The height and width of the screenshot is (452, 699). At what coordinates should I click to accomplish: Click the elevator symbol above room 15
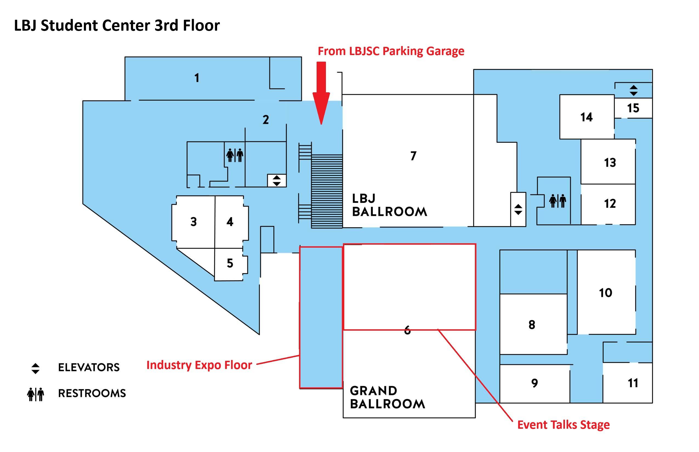[633, 90]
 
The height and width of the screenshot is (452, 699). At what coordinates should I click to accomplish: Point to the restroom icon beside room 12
[558, 201]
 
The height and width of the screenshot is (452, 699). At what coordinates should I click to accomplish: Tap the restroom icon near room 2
[235, 155]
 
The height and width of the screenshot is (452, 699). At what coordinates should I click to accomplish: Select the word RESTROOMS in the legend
[92, 393]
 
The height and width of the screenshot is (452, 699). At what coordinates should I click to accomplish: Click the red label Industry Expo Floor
[199, 365]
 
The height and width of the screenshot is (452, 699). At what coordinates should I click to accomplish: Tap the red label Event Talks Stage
[563, 425]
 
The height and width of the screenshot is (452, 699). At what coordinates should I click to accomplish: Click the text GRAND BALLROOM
[387, 397]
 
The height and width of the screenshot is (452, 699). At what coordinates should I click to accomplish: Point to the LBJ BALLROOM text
[389, 205]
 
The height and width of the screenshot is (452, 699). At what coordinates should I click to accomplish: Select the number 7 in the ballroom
[413, 156]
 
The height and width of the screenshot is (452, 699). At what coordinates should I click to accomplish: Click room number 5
[230, 263]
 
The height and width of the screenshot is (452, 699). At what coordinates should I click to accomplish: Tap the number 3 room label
[193, 222]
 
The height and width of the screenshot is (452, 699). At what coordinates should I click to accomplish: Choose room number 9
[535, 383]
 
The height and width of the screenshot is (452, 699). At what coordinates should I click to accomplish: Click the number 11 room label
[633, 383]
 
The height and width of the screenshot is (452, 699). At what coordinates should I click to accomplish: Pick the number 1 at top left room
[197, 78]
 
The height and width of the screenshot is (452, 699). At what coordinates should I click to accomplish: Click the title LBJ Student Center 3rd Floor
[117, 25]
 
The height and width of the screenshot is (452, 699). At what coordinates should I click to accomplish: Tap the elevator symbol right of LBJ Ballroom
[518, 210]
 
